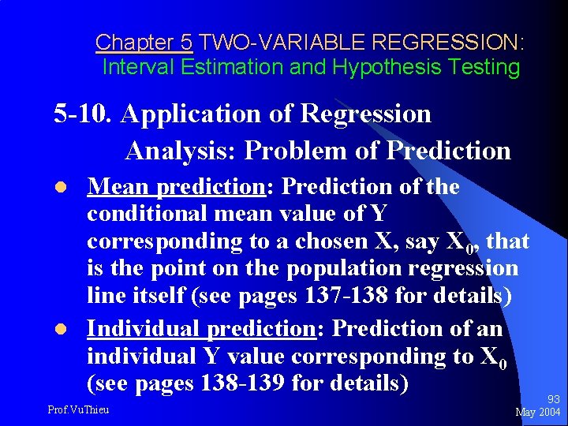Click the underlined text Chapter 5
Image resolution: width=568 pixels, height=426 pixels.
[x=144, y=42]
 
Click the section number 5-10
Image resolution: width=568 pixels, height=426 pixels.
[x=84, y=114]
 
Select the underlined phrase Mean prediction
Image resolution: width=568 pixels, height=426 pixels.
[x=177, y=186]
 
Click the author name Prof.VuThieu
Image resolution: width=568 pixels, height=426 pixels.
[x=79, y=409]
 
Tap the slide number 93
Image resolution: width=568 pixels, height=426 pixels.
[x=553, y=400]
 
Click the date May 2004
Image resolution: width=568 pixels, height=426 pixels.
[x=538, y=413]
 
